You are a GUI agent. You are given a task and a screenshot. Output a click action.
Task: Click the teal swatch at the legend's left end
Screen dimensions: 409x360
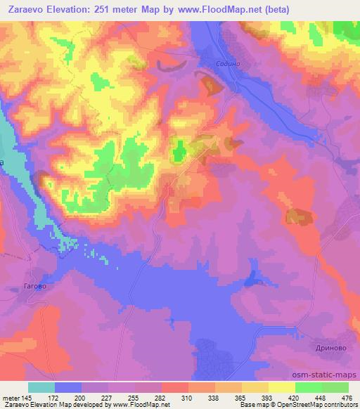pyautogui.click(x=41, y=387)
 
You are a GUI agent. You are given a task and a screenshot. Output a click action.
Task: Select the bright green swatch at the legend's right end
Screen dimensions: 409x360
pyautogui.click(x=335, y=387)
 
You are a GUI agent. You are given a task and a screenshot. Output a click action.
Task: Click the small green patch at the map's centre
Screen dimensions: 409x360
pyautogui.click(x=179, y=149)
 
